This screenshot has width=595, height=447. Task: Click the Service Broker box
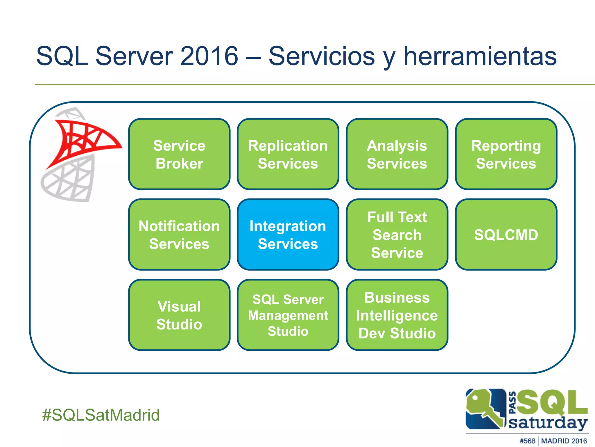(179, 154)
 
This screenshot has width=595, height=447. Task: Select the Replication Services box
(288, 154)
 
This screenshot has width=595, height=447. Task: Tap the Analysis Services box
(397, 154)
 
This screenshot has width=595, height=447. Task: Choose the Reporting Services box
(506, 154)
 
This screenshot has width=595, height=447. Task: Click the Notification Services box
(179, 235)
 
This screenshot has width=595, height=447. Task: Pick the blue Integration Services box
(288, 235)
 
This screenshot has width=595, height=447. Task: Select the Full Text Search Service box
(397, 235)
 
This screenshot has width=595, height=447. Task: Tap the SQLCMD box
(506, 235)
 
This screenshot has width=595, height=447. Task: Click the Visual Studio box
(179, 315)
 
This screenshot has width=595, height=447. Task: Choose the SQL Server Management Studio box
(288, 315)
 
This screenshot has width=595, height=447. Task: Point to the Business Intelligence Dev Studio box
(397, 315)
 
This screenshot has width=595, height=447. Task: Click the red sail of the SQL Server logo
(84, 140)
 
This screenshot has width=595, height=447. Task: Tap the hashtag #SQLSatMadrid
(101, 415)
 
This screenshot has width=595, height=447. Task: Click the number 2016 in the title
(209, 56)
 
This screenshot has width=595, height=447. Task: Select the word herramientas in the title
(480, 56)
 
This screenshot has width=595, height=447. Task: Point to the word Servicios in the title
(322, 56)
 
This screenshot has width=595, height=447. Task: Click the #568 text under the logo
(527, 441)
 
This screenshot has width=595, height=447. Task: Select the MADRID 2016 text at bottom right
(564, 441)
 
